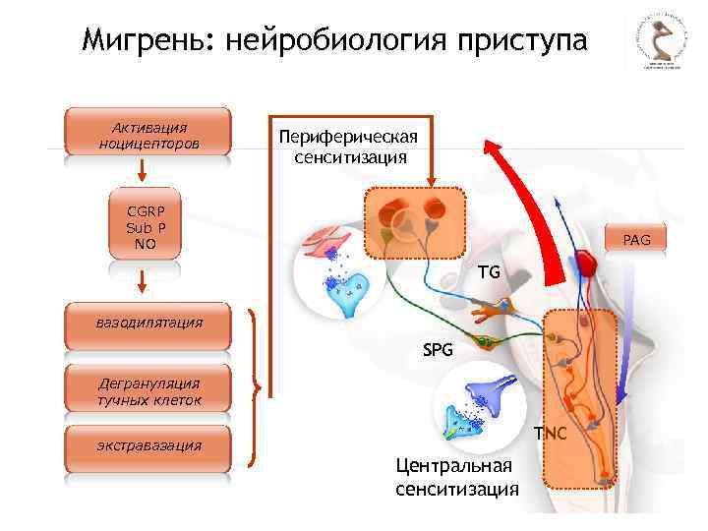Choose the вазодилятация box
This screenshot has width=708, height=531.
coord(148,323)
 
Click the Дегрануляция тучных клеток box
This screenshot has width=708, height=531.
coord(148,391)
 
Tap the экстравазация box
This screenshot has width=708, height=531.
coord(148,446)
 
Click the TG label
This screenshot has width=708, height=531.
coord(489,270)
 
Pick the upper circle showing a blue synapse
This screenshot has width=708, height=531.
coord(338,271)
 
